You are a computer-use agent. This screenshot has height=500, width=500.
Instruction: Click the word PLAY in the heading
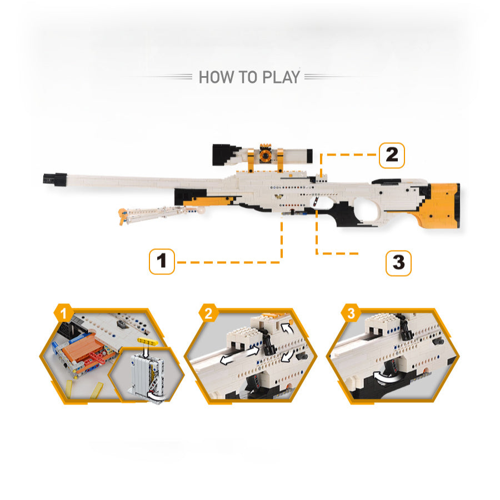tap(281, 77)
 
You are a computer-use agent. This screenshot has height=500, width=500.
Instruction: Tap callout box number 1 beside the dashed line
tap(162, 262)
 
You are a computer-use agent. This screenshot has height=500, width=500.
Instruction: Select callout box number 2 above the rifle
tap(392, 156)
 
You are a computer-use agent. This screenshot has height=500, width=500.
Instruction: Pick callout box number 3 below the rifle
tap(398, 263)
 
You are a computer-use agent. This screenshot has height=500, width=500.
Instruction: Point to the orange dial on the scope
tap(265, 155)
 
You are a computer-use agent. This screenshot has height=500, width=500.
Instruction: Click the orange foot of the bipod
tap(122, 215)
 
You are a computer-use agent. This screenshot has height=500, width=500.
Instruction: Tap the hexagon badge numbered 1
tap(64, 313)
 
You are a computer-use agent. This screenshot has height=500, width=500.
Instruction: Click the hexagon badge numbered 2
tap(208, 313)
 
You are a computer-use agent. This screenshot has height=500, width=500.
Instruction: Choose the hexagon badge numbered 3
tap(351, 313)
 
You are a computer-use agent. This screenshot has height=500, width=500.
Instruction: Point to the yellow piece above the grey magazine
tap(148, 342)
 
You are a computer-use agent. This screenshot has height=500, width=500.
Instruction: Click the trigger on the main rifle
tap(316, 202)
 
